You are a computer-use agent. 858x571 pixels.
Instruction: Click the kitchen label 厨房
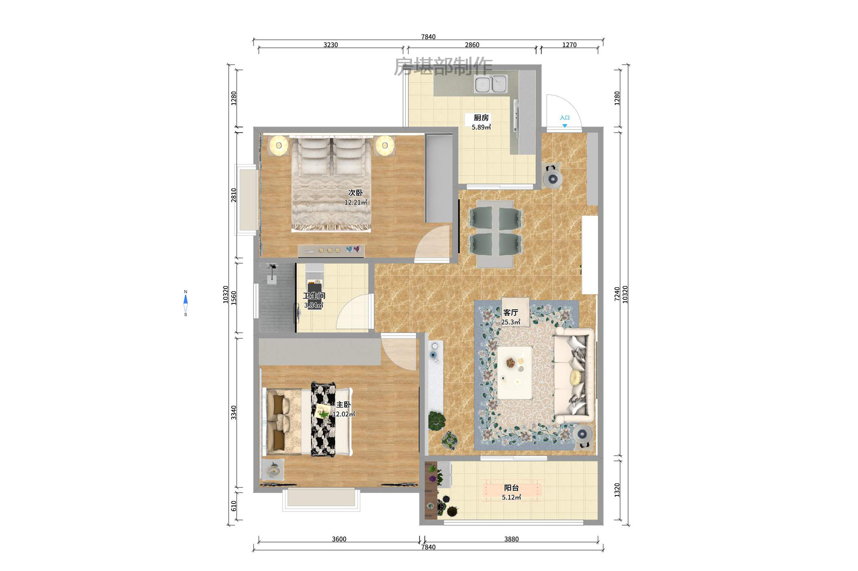tap(481, 118)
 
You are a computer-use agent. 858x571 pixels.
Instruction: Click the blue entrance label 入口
tap(565, 118)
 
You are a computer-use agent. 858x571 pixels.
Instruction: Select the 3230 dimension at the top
tap(330, 45)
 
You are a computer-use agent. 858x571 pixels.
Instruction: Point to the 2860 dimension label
tap(472, 45)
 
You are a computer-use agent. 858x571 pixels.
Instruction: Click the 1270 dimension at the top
tap(569, 45)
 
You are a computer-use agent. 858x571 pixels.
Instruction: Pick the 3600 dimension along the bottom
tap(339, 539)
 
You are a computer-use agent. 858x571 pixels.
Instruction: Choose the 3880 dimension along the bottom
tap(511, 539)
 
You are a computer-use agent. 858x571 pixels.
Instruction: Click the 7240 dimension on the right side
tap(617, 294)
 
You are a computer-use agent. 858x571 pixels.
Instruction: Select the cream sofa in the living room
tap(574, 375)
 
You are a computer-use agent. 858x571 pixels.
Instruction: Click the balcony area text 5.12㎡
tap(511, 497)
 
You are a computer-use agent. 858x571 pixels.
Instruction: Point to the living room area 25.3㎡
tap(510, 322)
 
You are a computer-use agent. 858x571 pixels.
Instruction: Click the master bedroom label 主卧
tap(343, 405)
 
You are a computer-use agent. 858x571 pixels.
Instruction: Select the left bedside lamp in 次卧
tap(278, 145)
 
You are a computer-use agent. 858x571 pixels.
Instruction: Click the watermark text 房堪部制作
tap(443, 66)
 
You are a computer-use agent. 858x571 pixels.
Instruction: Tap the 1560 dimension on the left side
tap(233, 298)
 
